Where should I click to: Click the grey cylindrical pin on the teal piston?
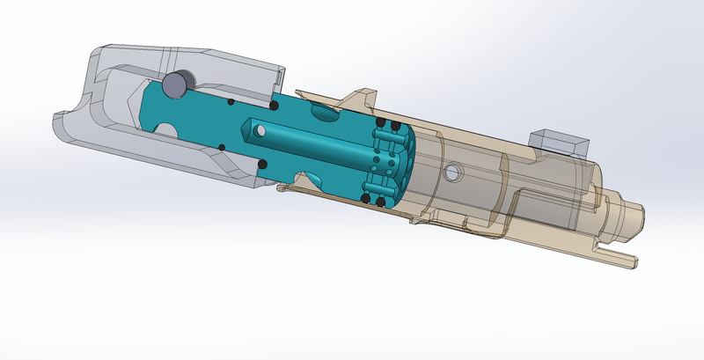[176, 83]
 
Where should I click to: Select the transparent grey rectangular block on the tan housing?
[557, 142]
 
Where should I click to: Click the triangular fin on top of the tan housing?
[363, 96]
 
